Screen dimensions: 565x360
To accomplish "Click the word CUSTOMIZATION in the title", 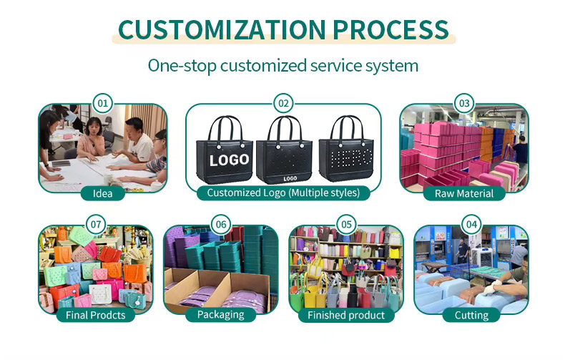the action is tap(222, 29).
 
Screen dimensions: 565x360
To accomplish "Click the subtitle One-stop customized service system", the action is tap(283, 66).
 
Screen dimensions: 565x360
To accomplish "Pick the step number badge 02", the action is tap(283, 104).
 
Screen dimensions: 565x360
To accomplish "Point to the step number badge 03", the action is tap(464, 104).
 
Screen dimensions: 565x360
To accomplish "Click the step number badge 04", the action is tap(471, 224).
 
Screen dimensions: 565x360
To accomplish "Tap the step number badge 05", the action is tap(346, 224).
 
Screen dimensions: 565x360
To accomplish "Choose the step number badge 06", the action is tap(221, 224).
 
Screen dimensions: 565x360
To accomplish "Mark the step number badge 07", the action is tap(96, 224).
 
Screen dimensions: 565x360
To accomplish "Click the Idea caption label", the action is tap(103, 193).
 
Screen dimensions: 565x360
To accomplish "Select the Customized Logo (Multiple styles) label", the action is tap(283, 193).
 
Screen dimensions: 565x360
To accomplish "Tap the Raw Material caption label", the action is tap(464, 193).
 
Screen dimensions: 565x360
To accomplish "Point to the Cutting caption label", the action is tap(471, 315).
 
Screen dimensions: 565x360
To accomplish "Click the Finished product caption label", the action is tap(346, 315).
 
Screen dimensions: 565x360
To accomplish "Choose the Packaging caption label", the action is tap(221, 314).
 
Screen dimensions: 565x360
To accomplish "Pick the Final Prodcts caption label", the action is tap(96, 315).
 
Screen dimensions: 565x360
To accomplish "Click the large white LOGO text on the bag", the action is tap(229, 160).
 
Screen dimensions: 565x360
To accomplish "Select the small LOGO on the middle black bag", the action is tap(290, 178).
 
